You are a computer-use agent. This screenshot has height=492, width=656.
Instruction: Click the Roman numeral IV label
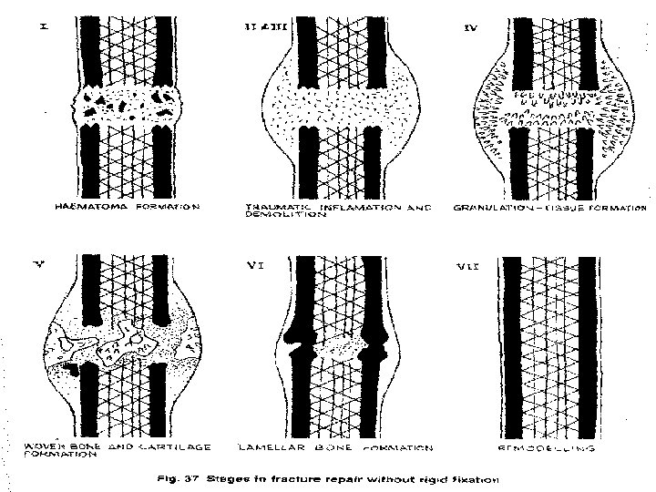click(470, 28)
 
